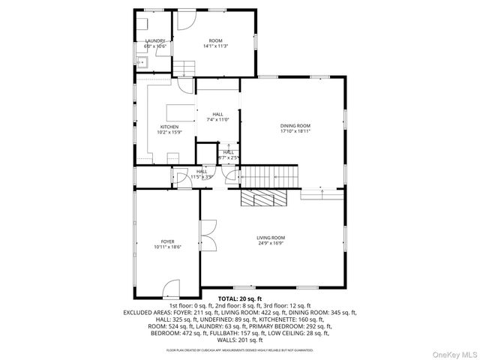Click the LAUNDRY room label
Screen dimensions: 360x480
(x=154, y=40)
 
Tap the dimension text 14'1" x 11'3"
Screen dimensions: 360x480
(x=215, y=46)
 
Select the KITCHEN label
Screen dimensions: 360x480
(x=169, y=127)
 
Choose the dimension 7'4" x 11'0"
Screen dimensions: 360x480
(x=217, y=119)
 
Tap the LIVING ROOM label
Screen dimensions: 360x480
(x=271, y=237)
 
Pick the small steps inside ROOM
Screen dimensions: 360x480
(x=185, y=70)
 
